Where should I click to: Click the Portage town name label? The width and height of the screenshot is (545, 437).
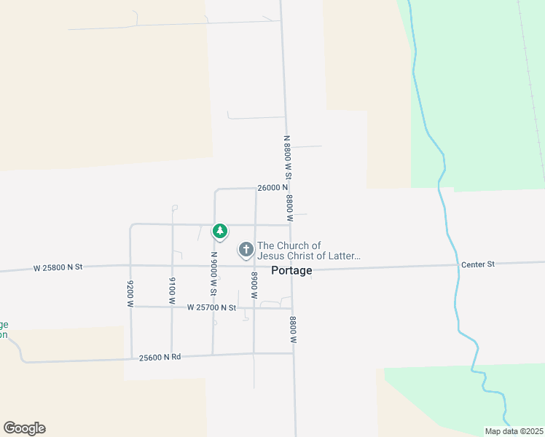tap(291, 270)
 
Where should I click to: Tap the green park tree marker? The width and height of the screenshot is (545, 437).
tap(219, 232)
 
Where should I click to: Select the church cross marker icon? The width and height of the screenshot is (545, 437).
tap(246, 251)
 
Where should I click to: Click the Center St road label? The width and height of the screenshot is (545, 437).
tap(477, 264)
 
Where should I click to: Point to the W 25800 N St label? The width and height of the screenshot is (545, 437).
tap(58, 268)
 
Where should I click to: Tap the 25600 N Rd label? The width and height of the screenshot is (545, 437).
tap(160, 357)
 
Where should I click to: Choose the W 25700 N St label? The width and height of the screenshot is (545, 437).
tap(211, 308)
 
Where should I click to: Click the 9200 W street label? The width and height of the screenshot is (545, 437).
tap(130, 294)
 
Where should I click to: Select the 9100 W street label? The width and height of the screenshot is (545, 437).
tap(172, 290)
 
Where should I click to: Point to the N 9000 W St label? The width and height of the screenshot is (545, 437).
tap(214, 273)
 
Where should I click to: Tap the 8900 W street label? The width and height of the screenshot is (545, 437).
tap(254, 286)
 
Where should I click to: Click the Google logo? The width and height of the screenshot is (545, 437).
tap(24, 428)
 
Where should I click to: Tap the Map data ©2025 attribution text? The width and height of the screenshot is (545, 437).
tap(514, 431)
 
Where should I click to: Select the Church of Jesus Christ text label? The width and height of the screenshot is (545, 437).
tap(309, 251)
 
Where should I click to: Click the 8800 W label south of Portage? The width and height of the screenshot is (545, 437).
tap(293, 329)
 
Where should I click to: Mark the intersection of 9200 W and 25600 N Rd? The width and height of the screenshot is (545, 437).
tap(131, 358)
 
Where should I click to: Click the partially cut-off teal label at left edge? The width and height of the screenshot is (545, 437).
tap(4, 329)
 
